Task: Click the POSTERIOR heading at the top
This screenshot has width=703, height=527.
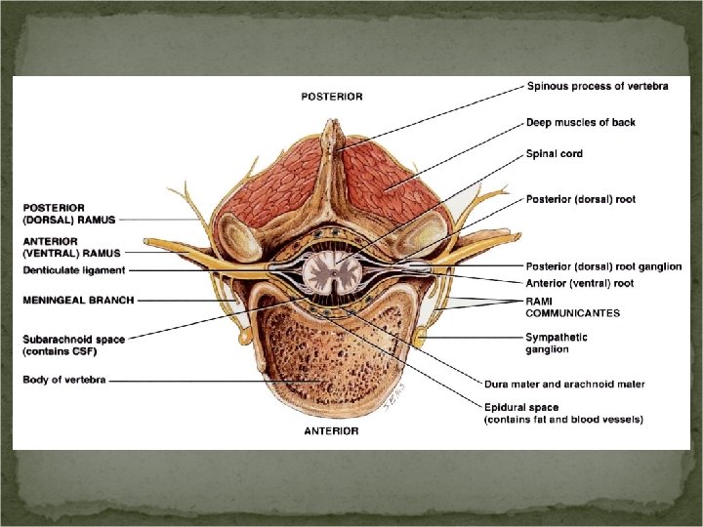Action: tap(331, 96)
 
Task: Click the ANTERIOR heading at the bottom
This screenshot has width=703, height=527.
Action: tap(330, 430)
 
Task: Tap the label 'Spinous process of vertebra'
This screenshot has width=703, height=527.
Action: tap(597, 87)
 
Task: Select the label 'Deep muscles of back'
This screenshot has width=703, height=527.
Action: tap(580, 123)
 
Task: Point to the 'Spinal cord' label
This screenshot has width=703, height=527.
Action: tap(555, 153)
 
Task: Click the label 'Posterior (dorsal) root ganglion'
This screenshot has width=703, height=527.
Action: tap(603, 266)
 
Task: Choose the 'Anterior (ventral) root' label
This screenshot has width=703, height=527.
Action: tap(579, 283)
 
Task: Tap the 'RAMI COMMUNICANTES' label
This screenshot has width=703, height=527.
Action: tap(572, 307)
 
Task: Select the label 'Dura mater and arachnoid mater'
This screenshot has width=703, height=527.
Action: tap(563, 384)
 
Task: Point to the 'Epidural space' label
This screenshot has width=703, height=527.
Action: tap(563, 413)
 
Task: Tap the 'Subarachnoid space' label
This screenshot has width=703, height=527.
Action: tap(73, 345)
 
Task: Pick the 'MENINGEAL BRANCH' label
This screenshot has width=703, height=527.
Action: tap(78, 301)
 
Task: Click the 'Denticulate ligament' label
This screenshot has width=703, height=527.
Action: tap(74, 270)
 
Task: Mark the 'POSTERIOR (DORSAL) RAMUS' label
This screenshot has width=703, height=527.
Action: tap(67, 214)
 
